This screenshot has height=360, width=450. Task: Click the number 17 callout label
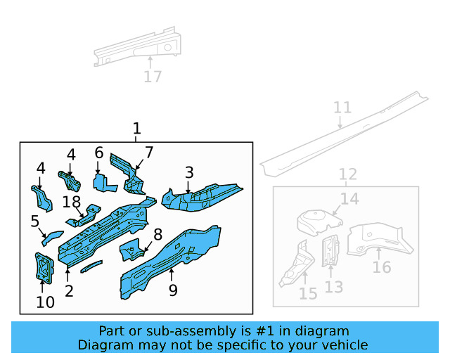coord(153,77)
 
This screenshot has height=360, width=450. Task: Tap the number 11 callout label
coord(342,108)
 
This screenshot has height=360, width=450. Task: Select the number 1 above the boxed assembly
coord(136,129)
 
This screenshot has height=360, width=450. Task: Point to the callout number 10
coord(45,303)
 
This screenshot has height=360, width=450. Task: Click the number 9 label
coord(172,290)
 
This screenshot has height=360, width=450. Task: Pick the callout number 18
coord(72,202)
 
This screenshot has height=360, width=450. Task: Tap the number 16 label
coord(382,267)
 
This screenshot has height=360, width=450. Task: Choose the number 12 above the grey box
coord(348,174)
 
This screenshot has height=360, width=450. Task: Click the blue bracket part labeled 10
coord(44,268)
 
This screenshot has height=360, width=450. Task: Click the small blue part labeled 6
coord(103,183)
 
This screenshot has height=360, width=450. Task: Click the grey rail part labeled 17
coord(137,49)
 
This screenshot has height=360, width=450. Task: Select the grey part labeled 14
coord(316,221)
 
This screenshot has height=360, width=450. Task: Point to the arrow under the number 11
coord(340,122)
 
